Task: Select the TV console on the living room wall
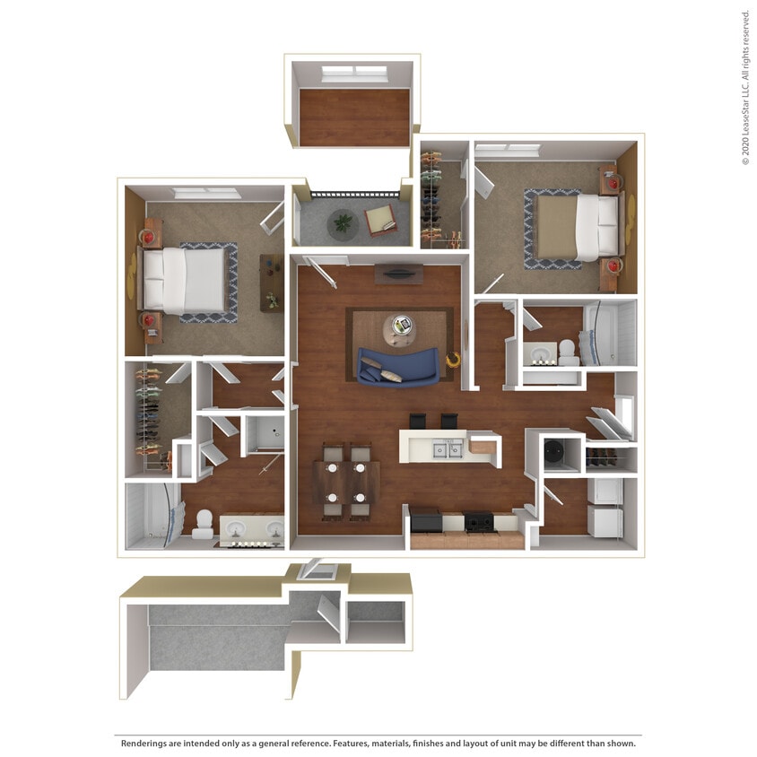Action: coord(398,273)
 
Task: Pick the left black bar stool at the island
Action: coord(418,421)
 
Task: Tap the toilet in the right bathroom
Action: coord(569,352)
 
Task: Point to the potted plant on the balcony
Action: coord(342,222)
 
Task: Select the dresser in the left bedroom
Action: coord(271,283)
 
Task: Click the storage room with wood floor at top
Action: coord(353,117)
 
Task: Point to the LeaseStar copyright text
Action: coord(745,87)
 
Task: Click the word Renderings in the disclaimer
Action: coord(148,744)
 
